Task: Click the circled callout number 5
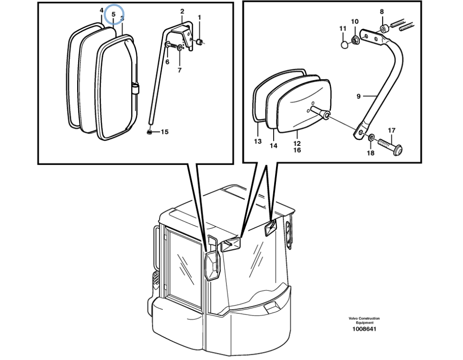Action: click(x=114, y=15)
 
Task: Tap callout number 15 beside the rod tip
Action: click(x=164, y=132)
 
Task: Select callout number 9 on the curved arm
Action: click(x=359, y=97)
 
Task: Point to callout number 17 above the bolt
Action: click(x=392, y=130)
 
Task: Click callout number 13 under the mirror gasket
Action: click(x=258, y=141)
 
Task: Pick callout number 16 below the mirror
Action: click(x=297, y=150)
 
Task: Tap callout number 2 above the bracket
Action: click(x=182, y=11)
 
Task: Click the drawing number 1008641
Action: click(x=364, y=329)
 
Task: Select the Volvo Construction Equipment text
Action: click(x=364, y=320)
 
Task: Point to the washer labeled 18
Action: click(x=372, y=138)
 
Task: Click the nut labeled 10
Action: click(x=356, y=40)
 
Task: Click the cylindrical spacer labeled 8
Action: click(x=384, y=30)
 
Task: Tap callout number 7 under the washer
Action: click(x=179, y=70)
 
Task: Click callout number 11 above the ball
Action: click(x=343, y=29)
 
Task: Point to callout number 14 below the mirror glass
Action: click(x=273, y=146)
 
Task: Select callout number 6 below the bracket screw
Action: click(x=167, y=62)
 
